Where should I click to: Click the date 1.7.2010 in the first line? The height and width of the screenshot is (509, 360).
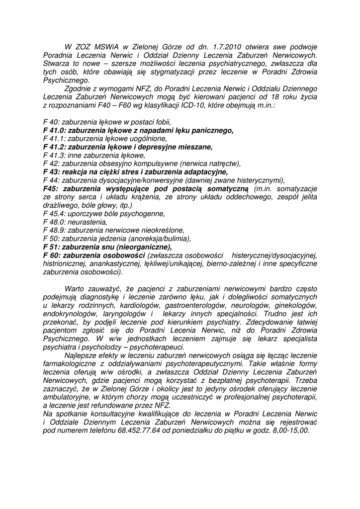point(234,47)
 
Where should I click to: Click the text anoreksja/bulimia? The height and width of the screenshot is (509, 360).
point(159,239)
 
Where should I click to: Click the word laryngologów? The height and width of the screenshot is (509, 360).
point(125,314)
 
